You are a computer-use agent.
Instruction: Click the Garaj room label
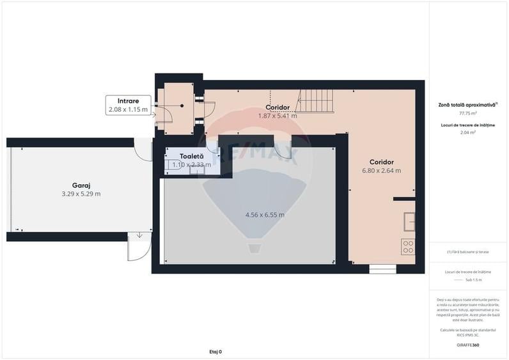(81, 184)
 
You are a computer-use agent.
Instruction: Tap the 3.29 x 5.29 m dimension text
(81, 193)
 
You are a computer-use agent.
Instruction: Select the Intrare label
(128, 101)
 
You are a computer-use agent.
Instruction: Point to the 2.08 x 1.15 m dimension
(128, 109)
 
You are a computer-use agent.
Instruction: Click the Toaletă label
(191, 156)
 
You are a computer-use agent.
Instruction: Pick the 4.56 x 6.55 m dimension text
(265, 215)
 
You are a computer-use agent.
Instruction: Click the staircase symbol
(315, 101)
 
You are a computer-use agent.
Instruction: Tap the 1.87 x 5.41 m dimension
(278, 116)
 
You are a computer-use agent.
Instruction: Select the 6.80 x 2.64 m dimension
(381, 171)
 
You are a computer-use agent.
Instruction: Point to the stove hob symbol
(408, 247)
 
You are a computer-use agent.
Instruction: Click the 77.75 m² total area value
(468, 113)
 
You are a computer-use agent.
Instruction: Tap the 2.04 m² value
(468, 132)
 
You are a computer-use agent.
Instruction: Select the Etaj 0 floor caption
(215, 352)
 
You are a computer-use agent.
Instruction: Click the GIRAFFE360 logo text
(468, 345)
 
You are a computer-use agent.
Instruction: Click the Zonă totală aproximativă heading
(467, 104)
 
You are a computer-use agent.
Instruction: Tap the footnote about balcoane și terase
(468, 252)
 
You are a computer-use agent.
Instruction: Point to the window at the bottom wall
(382, 269)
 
